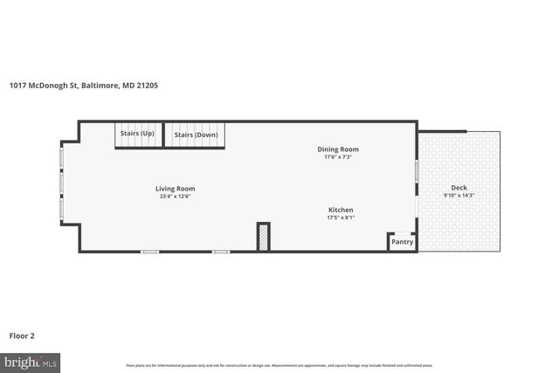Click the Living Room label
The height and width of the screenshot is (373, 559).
pos(175,189)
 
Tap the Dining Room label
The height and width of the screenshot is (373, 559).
pos(337,149)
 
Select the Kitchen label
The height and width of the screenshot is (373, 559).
pos(341,210)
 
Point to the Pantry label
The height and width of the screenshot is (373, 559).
pos(402,242)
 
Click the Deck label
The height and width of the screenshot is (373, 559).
pos(459,188)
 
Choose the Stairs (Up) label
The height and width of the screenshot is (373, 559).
pos(137,134)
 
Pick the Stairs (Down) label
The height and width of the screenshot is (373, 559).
pos(196,135)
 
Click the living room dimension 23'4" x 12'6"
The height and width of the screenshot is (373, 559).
pos(175,197)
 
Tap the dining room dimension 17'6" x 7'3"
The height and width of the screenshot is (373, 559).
pos(337,157)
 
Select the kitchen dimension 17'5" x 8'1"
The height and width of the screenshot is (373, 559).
pos(341,218)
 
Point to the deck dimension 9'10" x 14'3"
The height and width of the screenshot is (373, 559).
pos(459,196)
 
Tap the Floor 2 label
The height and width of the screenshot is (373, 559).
pos(22,335)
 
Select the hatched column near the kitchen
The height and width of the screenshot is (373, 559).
pos(262,238)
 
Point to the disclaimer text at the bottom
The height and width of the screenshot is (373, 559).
pos(279,364)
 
